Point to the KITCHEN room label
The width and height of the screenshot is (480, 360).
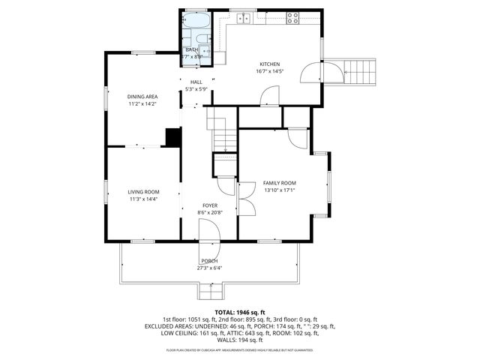click(270, 64)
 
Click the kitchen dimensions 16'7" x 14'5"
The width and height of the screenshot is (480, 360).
click(270, 72)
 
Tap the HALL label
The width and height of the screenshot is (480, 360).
click(196, 82)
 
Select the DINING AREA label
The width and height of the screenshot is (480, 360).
click(142, 96)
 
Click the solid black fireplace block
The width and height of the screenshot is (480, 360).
click(173, 137)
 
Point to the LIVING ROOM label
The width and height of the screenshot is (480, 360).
click(143, 192)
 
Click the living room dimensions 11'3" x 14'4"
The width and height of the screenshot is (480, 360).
click(143, 199)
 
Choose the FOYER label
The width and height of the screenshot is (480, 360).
click(210, 205)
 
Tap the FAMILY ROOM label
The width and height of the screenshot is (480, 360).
click(279, 183)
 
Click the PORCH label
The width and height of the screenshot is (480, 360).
click(209, 260)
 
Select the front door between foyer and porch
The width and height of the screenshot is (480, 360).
click(210, 247)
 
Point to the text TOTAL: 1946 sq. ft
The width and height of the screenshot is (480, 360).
click(240, 312)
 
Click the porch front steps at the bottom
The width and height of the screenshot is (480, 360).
click(209, 291)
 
